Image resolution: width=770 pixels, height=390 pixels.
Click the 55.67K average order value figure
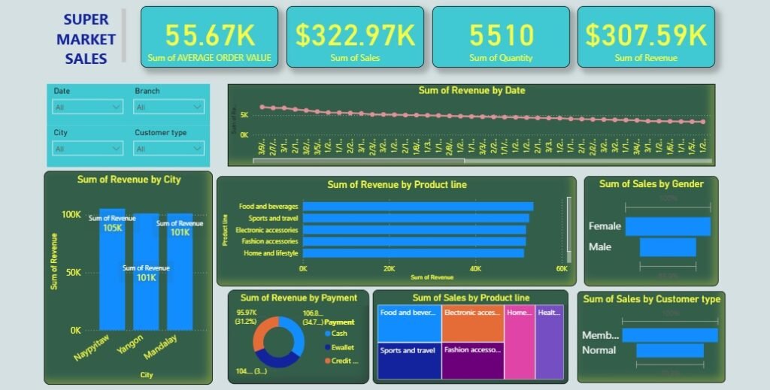click(x=209, y=35)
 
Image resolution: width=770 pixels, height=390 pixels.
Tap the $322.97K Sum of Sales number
click(x=355, y=35)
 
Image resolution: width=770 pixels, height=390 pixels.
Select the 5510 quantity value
click(x=501, y=35)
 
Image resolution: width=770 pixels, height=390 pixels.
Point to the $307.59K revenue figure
click(x=646, y=35)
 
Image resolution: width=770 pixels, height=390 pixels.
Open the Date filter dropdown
click(x=87, y=107)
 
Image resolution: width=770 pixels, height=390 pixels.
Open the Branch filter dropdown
click(x=168, y=107)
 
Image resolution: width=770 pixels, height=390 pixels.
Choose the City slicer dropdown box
click(x=87, y=149)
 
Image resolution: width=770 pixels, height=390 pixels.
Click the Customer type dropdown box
click(x=168, y=149)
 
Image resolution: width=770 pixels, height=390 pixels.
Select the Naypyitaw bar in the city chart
click(x=112, y=271)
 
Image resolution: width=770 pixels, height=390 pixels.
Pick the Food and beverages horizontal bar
click(x=417, y=206)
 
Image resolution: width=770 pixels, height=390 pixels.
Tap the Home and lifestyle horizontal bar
click(x=413, y=253)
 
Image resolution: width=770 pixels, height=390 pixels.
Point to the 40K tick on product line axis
click(x=475, y=268)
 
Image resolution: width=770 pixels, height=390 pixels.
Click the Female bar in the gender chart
click(x=667, y=226)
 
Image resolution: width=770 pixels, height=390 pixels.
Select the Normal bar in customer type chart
click(x=670, y=350)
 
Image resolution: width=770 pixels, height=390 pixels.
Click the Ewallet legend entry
click(x=342, y=347)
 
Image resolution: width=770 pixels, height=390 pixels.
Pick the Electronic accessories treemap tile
click(x=472, y=323)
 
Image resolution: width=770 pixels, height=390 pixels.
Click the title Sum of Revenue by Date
click(x=471, y=90)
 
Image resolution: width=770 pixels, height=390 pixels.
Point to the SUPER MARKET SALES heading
click(x=86, y=39)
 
